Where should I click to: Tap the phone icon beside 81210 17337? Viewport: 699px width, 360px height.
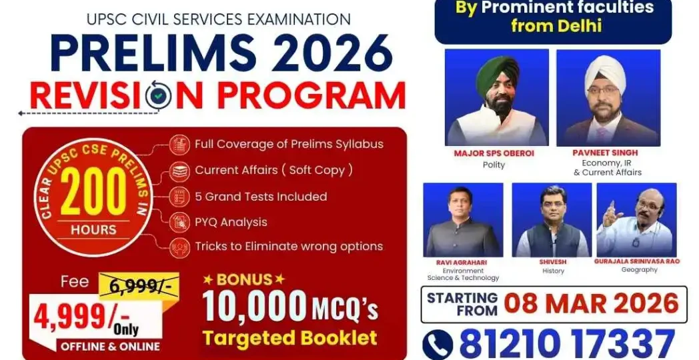(438, 344)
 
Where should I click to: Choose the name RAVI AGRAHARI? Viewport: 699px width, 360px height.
(463, 262)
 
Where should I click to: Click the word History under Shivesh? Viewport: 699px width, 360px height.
(553, 271)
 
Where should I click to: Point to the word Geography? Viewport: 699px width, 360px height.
(638, 270)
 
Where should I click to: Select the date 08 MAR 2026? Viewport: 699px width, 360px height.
(591, 303)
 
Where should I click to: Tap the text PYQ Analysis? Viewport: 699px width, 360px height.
(231, 222)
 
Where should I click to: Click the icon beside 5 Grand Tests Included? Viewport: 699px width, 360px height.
(179, 196)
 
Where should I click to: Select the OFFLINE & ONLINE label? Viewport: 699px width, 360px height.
(110, 346)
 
